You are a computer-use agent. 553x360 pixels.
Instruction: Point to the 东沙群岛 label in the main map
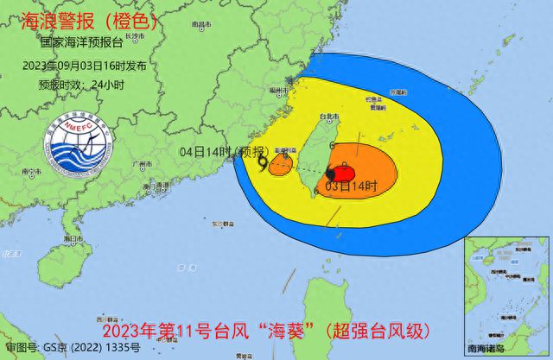[219, 223]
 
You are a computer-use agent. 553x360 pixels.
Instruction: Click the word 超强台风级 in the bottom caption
[385, 332]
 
